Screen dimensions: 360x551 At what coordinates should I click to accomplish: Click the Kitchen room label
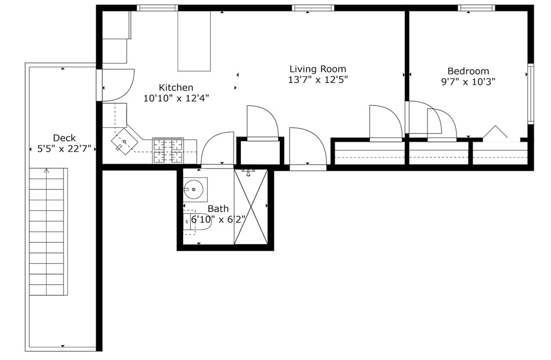[x=176, y=88]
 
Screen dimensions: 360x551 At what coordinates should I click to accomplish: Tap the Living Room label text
[x=317, y=69]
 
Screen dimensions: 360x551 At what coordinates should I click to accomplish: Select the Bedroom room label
[x=468, y=71]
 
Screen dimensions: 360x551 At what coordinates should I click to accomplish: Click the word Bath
[x=218, y=208]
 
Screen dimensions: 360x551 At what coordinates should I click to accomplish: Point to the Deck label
[x=64, y=138]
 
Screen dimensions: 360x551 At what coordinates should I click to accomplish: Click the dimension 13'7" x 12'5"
[x=317, y=79]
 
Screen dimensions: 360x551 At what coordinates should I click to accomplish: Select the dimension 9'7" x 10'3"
[x=468, y=82]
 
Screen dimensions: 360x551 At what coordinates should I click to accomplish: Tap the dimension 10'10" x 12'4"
[x=176, y=98]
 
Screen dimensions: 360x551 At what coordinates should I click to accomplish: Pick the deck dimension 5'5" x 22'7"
[x=64, y=148]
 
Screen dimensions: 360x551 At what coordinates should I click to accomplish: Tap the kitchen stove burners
[x=167, y=151]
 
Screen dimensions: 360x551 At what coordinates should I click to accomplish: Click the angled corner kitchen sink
[x=124, y=141]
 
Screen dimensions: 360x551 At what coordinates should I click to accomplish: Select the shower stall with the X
[x=251, y=207]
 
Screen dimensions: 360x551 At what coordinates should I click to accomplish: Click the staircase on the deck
[x=48, y=231]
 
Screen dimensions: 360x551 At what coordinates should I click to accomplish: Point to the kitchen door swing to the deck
[x=117, y=85]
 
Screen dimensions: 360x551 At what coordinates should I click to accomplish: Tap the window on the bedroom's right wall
[x=531, y=94]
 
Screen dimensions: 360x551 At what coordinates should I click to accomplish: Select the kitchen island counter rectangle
[x=194, y=41]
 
